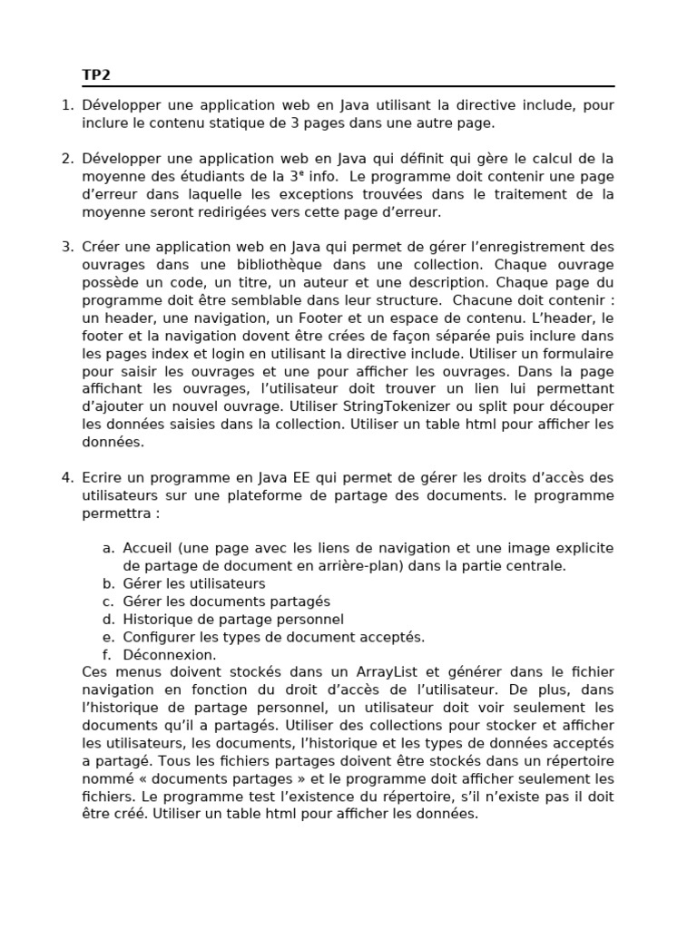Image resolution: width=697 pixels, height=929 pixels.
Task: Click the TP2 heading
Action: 96,75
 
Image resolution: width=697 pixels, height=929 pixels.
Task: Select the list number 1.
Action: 66,105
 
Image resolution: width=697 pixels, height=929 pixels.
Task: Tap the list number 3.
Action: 66,247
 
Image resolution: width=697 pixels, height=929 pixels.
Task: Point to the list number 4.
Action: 66,478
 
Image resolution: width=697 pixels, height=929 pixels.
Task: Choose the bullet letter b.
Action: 107,584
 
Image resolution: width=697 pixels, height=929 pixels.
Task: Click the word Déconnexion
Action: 170,655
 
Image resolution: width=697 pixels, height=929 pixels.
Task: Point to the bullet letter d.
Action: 107,620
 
